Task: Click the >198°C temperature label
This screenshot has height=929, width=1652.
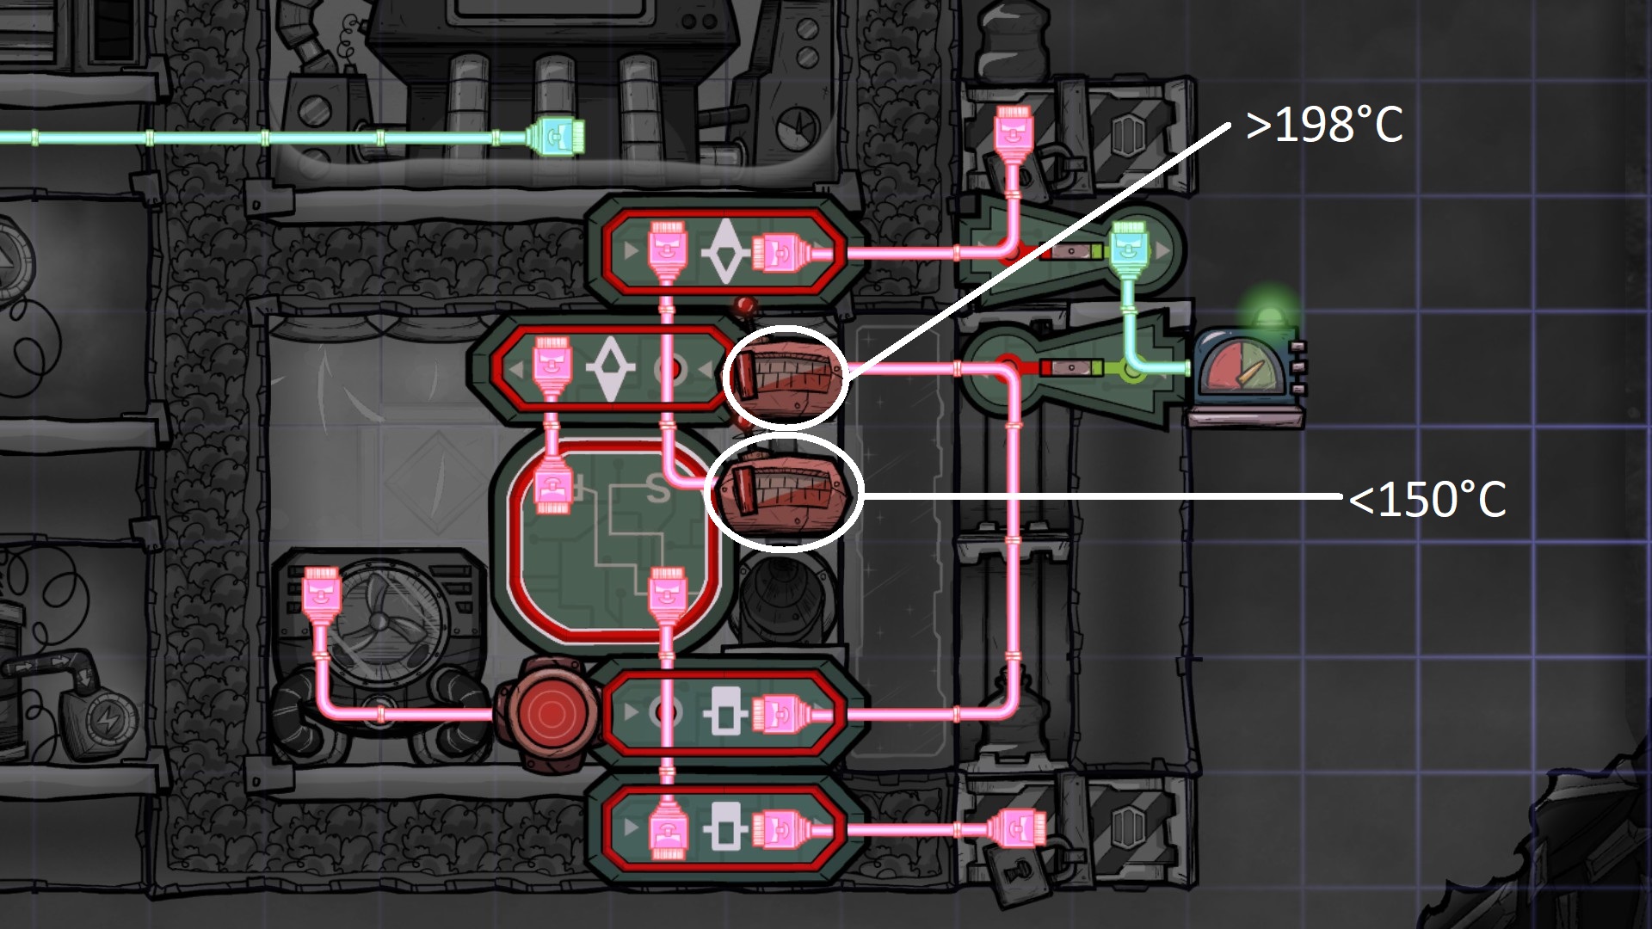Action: pos(1323,126)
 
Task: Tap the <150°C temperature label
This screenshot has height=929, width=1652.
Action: pos(1427,500)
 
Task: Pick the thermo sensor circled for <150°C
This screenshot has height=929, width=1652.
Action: pos(783,492)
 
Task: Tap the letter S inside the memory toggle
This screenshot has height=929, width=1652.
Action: pos(657,489)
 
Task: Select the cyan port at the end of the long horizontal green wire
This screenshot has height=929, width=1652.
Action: pos(556,138)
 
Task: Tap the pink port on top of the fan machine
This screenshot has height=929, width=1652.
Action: pos(322,591)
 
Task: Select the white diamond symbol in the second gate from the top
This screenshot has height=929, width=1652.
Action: pos(609,368)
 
